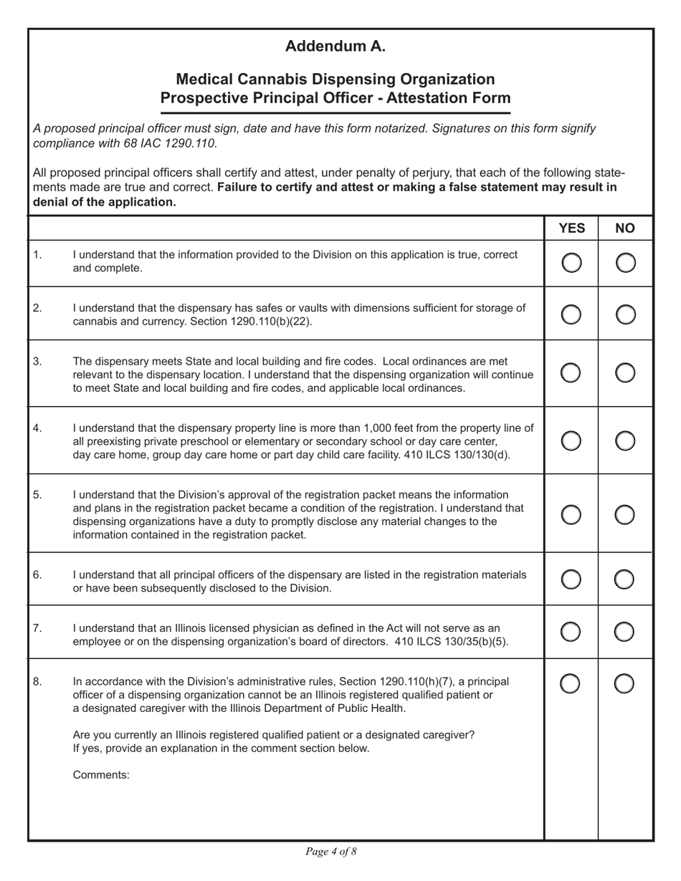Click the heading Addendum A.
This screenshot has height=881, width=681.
(x=335, y=47)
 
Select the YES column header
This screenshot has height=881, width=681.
(x=571, y=228)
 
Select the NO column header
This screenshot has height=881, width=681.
(x=625, y=228)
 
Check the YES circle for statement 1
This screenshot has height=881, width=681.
(x=571, y=263)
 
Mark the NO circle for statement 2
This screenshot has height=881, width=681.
(x=625, y=314)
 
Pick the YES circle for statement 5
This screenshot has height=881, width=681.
(x=571, y=514)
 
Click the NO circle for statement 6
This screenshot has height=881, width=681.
(x=625, y=579)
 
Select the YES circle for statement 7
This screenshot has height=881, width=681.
(x=571, y=631)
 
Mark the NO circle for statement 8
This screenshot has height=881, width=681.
(x=625, y=684)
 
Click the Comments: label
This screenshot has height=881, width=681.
(x=101, y=775)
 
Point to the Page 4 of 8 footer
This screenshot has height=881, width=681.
(x=330, y=852)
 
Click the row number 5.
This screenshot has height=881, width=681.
(x=38, y=494)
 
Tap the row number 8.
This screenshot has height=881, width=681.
(x=38, y=681)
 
